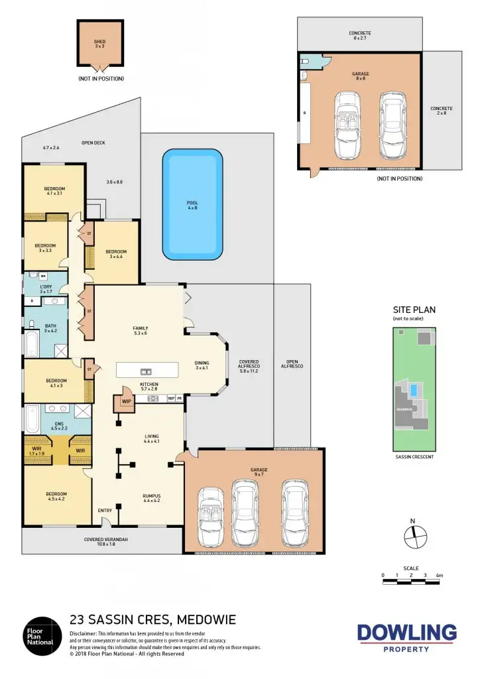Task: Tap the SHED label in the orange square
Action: tap(99, 41)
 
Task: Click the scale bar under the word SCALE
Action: tap(412, 582)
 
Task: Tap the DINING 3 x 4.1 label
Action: tap(202, 365)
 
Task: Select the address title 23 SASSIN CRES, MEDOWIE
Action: tap(152, 621)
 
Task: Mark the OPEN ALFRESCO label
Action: tap(292, 363)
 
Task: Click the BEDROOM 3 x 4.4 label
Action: tap(116, 253)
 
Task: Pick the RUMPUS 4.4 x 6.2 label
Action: tap(152, 497)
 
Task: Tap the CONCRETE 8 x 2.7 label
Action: tap(360, 36)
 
